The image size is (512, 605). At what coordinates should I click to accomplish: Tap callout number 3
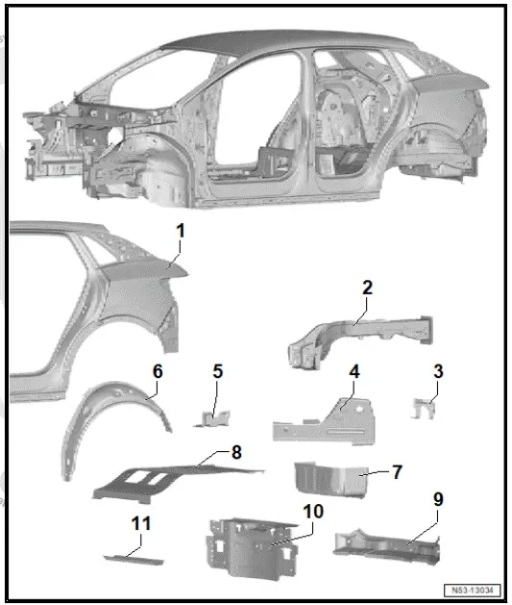437,371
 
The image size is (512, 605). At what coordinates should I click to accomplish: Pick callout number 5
217,371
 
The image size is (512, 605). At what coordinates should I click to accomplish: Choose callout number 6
158,371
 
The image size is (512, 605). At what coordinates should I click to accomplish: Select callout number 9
437,499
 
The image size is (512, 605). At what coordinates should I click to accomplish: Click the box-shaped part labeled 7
329,481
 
